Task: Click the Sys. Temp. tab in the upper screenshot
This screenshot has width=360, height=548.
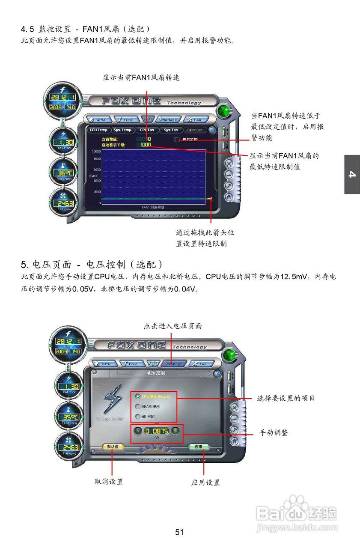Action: [123, 130]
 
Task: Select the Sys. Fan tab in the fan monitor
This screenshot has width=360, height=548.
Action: [171, 130]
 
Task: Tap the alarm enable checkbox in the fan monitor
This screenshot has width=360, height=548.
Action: [178, 139]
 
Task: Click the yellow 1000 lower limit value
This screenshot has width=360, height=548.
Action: [146, 145]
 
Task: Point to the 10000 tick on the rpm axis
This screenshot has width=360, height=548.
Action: [96, 152]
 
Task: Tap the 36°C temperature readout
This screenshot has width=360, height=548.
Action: [63, 173]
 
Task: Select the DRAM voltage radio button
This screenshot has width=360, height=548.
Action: [138, 406]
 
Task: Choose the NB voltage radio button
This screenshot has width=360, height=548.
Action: [138, 417]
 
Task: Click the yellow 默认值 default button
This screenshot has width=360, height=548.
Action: [113, 447]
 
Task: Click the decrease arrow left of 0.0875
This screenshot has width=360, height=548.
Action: [137, 431]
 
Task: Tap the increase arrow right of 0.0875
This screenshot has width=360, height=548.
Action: [175, 431]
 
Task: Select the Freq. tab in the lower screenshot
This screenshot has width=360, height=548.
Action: [131, 364]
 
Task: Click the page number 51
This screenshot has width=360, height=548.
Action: [179, 532]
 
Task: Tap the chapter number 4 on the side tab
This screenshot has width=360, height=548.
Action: [352, 174]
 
